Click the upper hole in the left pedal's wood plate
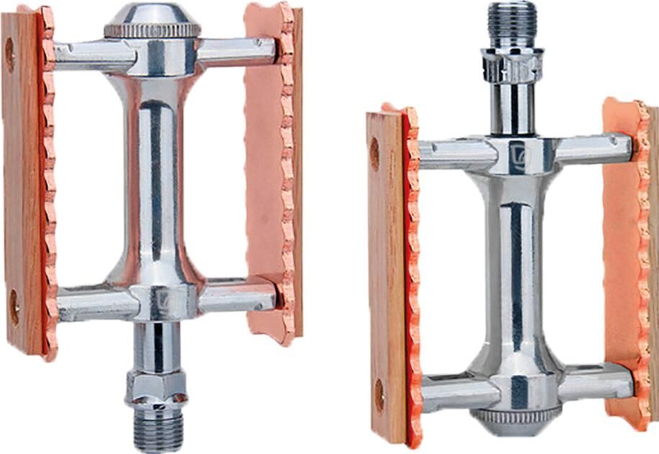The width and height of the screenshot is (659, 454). (10, 54)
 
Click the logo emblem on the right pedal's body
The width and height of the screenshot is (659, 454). (517, 155)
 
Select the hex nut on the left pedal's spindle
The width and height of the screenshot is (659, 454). (156, 387)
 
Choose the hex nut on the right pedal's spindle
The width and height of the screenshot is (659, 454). (512, 66)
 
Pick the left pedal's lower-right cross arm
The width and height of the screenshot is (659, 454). (237, 296)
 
